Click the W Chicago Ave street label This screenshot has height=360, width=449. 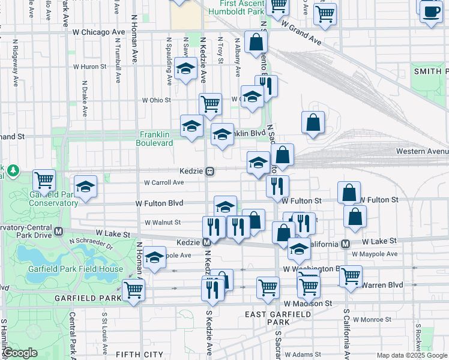pyautogui.click(x=99, y=32)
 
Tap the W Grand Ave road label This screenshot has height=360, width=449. pyautogui.click(x=301, y=32)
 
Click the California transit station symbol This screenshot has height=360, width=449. pyautogui.click(x=345, y=244)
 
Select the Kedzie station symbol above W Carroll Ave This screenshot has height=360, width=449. pyautogui.click(x=210, y=171)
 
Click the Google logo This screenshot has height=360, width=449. pyautogui.click(x=20, y=353)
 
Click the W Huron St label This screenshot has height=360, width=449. pyautogui.click(x=89, y=67)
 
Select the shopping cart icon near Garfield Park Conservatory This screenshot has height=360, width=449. pyautogui.click(x=44, y=179)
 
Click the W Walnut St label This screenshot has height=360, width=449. pyautogui.click(x=163, y=222)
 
